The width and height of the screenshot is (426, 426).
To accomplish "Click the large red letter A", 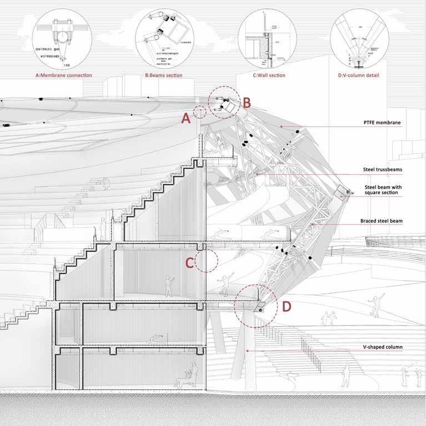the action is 187,118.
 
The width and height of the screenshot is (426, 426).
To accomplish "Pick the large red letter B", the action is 247,102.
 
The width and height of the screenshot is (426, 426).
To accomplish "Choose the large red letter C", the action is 189,263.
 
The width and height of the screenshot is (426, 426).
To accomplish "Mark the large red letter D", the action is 287,306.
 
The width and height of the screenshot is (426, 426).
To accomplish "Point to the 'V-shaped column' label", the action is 380,347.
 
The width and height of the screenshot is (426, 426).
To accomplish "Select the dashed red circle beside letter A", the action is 200,111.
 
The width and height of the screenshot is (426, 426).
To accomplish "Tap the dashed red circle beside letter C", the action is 206,260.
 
